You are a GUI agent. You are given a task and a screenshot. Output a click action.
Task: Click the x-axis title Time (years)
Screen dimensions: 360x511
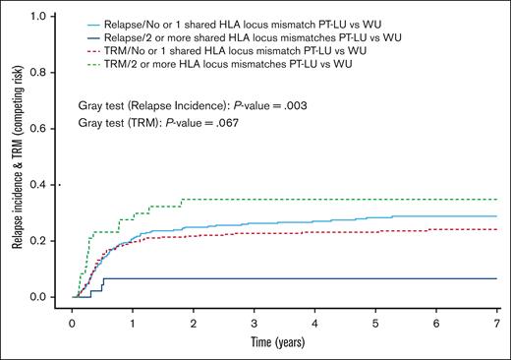pyautogui.click(x=284, y=343)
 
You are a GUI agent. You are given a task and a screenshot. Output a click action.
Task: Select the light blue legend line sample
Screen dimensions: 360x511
pyautogui.click(x=95, y=20)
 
